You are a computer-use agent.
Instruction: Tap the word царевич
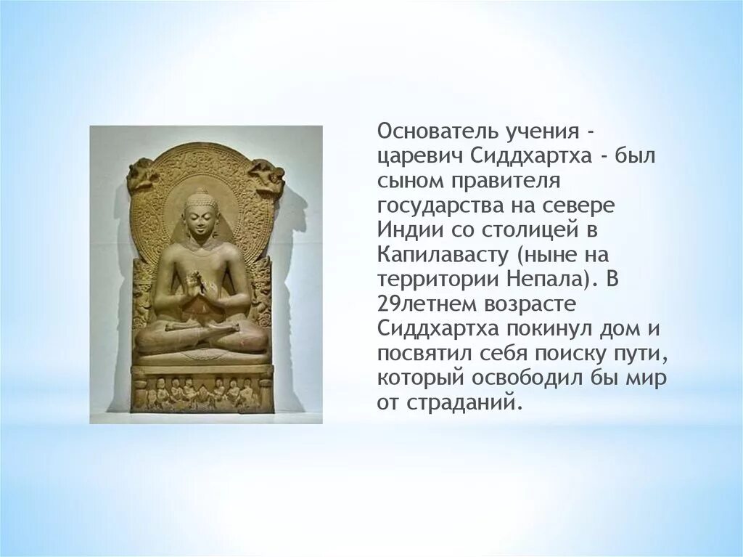pyautogui.click(x=408, y=156)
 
